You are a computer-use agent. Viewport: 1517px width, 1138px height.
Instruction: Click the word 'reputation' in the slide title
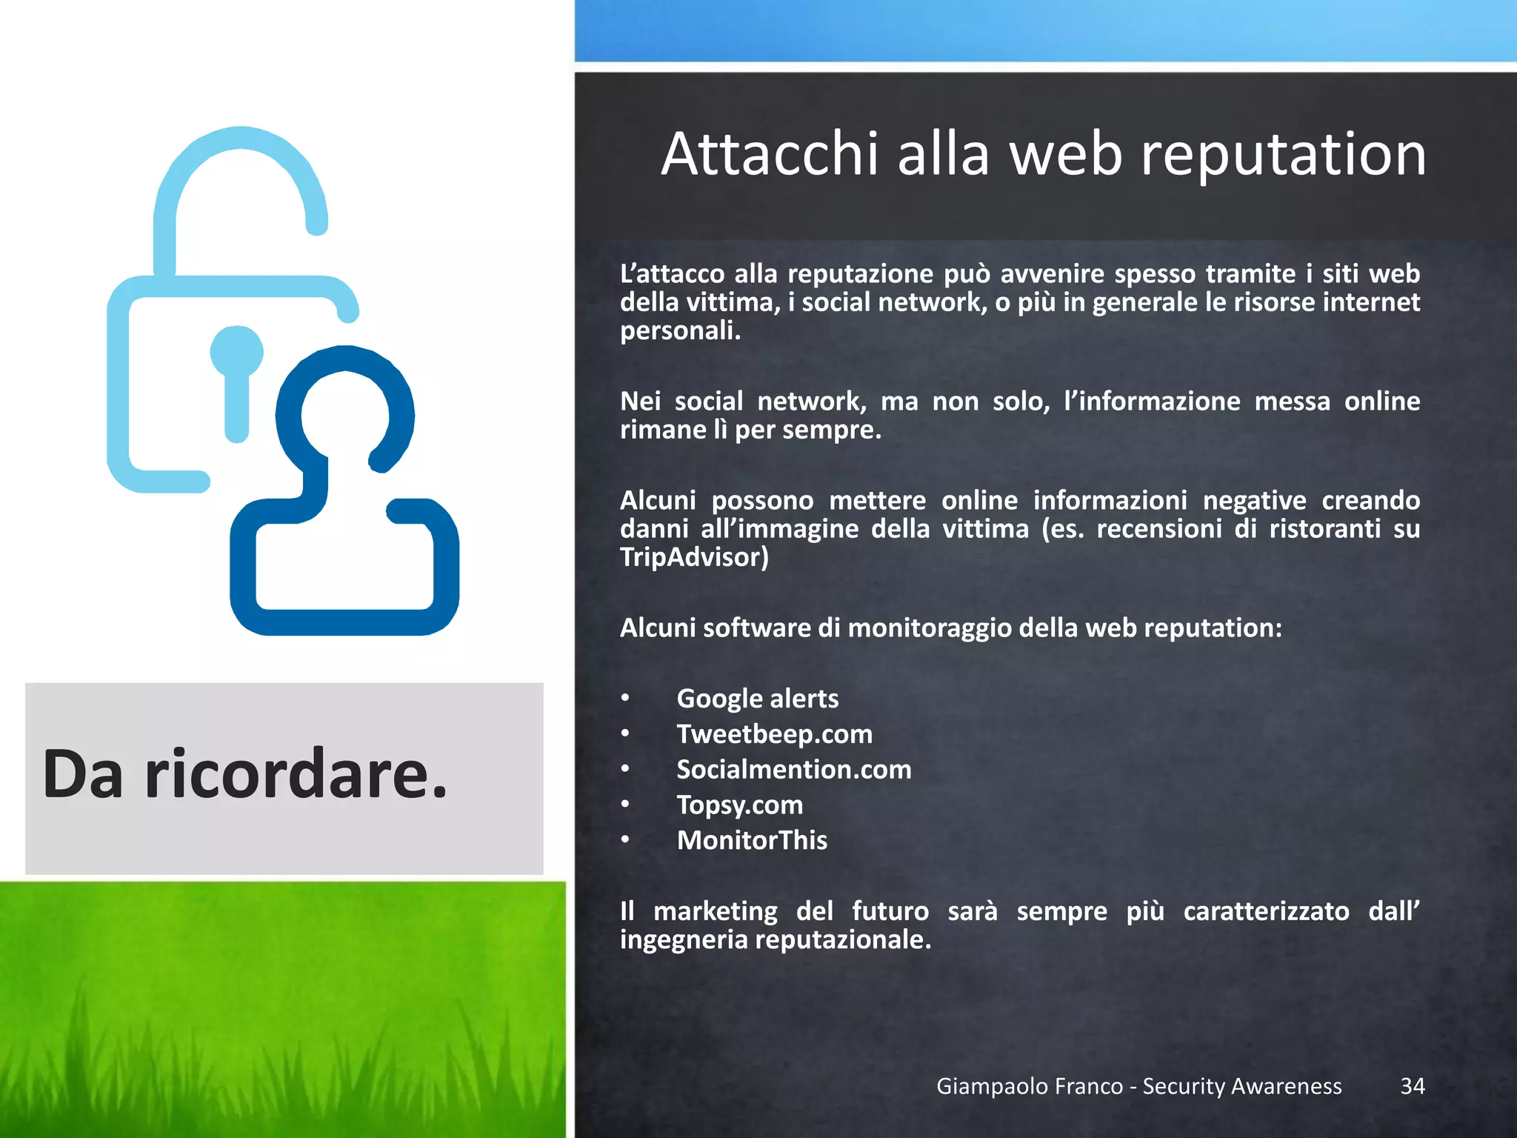point(1282,156)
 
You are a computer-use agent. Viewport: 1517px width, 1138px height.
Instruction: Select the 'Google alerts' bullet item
point(757,699)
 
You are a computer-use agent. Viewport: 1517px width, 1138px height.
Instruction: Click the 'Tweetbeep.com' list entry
point(774,734)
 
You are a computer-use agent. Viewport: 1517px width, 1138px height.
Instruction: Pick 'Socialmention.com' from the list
point(793,770)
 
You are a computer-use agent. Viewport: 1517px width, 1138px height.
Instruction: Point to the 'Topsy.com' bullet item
point(739,805)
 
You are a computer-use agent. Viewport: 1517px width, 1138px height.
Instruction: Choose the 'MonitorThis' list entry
point(751,840)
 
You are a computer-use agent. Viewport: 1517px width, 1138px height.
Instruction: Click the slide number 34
point(1412,1086)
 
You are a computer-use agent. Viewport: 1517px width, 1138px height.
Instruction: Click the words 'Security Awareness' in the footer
point(1241,1086)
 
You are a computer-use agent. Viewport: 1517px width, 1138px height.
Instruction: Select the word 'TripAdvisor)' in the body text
point(694,557)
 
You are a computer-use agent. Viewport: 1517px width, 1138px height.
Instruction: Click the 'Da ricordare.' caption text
point(245,775)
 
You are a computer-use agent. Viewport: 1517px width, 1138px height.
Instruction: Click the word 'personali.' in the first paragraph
point(680,330)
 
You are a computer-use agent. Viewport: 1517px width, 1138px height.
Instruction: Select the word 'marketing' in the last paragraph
point(715,911)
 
